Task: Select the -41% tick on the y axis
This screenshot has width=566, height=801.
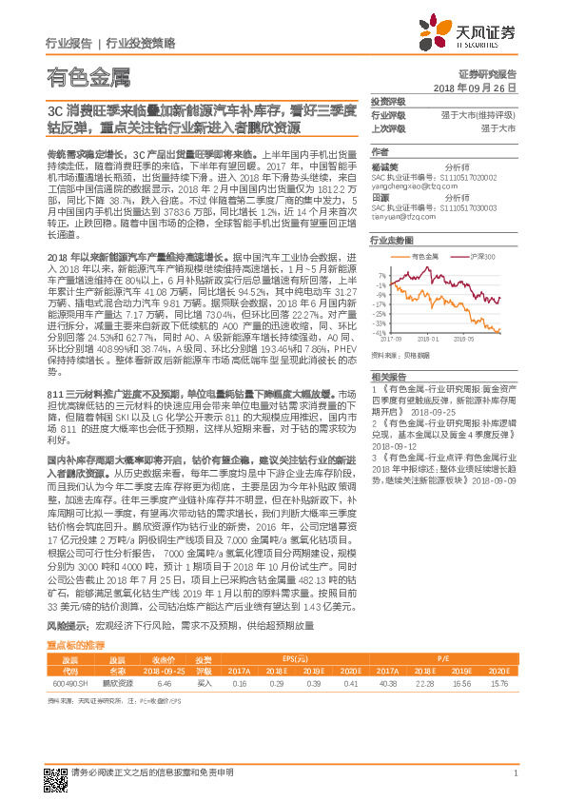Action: [380, 332]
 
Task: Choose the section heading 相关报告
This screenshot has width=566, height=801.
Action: [385, 378]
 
